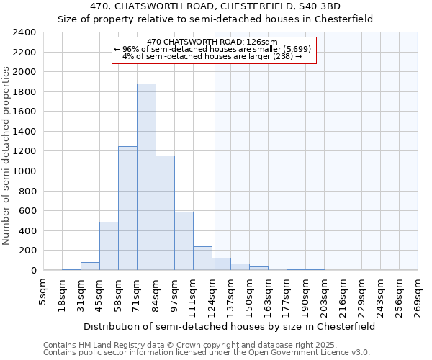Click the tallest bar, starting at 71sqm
(x=146, y=177)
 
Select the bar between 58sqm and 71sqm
(x=127, y=208)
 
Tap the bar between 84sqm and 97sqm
(x=165, y=213)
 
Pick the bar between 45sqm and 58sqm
(x=109, y=246)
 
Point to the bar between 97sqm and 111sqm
(x=184, y=241)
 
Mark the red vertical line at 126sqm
(x=215, y=166)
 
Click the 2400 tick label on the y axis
(x=24, y=32)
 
